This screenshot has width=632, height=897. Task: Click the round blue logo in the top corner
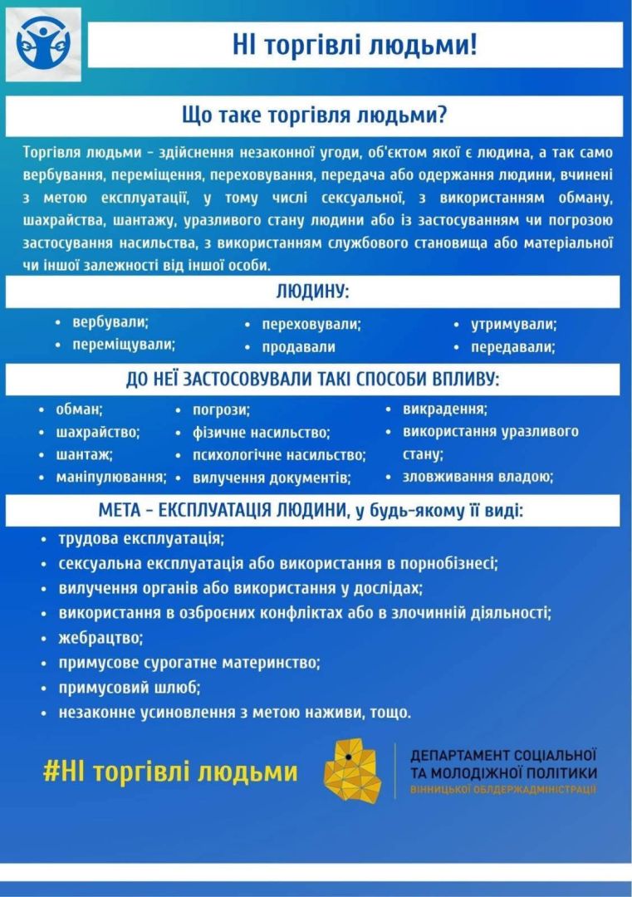coord(43,44)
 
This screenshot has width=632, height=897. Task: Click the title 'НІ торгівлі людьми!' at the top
coord(355,45)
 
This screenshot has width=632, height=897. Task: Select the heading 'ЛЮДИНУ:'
coord(312,292)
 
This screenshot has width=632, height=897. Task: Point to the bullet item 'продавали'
coord(298,347)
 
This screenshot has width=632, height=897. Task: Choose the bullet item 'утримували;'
coord(513,324)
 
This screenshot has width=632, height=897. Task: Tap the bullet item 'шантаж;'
coord(84,454)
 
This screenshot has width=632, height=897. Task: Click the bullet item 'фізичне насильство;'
coord(261,433)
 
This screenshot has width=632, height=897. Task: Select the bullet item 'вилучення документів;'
coord(271,478)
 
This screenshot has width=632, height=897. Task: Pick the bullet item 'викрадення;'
coord(444,409)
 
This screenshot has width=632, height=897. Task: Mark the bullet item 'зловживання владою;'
coord(478,477)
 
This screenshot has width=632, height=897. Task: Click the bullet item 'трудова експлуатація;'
coord(141,538)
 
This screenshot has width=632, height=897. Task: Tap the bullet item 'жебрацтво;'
coord(100,638)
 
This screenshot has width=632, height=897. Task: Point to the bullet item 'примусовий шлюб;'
coord(130,688)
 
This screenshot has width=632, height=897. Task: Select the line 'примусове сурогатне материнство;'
coord(189,663)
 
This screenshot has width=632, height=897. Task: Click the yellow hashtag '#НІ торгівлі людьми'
coord(170,772)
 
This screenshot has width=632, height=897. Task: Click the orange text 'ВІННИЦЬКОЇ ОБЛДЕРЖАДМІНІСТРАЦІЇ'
coord(502,787)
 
